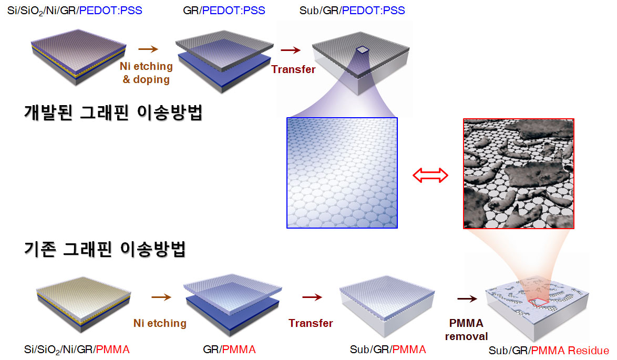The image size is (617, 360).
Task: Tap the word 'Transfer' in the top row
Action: [293, 69]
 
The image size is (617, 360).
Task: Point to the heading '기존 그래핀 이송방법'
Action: [105, 249]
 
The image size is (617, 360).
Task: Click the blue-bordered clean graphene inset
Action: [342, 172]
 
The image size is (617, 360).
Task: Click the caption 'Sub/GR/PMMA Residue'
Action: [549, 351]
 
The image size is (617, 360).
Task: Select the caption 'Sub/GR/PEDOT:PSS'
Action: [352, 10]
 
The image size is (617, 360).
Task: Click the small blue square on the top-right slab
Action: [363, 50]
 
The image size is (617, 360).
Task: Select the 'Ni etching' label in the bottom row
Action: [160, 323]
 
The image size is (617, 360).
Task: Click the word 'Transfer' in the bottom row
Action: [311, 323]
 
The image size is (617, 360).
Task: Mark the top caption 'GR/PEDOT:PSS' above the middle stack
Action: [224, 10]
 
